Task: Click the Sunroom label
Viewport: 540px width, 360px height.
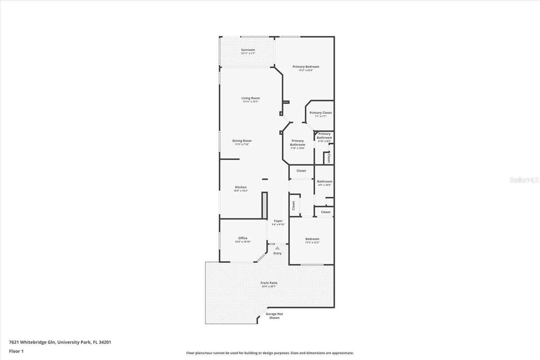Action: (248, 50)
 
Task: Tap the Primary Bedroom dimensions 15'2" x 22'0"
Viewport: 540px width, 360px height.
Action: (305, 70)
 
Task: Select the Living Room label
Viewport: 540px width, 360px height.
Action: (250, 98)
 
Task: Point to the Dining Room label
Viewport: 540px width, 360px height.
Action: (242, 141)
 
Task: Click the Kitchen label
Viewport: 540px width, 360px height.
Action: (241, 187)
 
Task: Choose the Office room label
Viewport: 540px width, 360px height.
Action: (243, 238)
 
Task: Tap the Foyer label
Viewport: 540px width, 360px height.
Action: (278, 221)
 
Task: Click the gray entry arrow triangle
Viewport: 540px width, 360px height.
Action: (277, 248)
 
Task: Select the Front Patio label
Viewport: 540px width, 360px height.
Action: (269, 283)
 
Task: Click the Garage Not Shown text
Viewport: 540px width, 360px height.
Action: (274, 316)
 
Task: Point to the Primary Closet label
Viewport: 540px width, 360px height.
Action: (320, 113)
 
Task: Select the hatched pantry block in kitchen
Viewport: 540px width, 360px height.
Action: (265, 205)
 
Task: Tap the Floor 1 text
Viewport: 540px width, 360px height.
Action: (16, 351)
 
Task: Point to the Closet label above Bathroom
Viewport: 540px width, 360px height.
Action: (301, 171)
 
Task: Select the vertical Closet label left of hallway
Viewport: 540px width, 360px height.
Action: (293, 205)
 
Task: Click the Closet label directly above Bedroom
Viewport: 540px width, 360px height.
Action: (325, 212)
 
